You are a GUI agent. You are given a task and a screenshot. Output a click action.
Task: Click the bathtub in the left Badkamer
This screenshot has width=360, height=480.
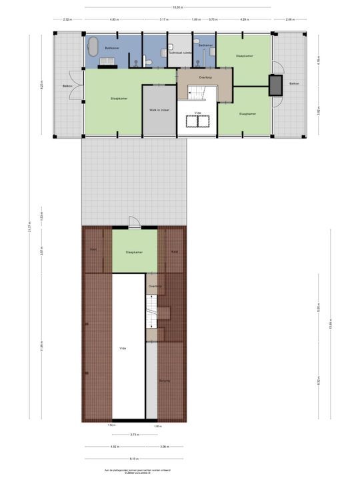pos(93,46)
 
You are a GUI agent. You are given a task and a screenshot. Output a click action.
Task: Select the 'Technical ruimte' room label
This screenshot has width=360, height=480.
pos(179,51)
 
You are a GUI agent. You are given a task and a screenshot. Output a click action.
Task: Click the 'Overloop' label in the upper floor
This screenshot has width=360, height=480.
pos(205,77)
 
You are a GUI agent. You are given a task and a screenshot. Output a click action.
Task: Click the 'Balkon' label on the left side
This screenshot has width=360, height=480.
pos(67,86)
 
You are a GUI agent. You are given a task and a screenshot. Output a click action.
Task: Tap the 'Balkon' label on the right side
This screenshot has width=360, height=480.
pos(294,83)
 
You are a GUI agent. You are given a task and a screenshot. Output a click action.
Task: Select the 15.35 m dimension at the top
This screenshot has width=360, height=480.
pos(178,7)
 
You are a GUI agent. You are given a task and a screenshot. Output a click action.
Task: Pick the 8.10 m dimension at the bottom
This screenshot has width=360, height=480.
pos(135,459)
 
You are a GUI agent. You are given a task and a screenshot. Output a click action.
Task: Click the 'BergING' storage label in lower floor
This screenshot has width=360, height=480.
pos(165,381)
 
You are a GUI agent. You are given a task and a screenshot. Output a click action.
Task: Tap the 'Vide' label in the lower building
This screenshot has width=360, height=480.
pos(123,348)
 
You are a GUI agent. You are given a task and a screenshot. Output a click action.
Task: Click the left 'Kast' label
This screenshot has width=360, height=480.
pos(93,249)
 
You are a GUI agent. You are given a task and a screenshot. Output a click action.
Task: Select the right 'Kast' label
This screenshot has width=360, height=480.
pos(174,251)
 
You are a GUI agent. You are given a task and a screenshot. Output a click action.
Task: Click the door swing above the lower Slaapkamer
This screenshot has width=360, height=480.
pos(134,222)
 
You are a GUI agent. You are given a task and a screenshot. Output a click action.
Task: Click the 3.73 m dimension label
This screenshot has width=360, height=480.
pos(135,435)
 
